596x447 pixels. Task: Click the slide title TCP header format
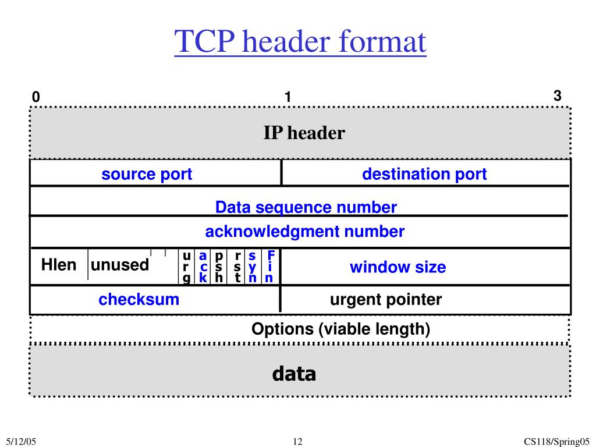[x=300, y=42]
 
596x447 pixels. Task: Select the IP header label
[x=304, y=133]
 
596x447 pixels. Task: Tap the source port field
[x=147, y=174]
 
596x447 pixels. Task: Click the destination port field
[x=424, y=174]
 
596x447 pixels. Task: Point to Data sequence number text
[x=306, y=207]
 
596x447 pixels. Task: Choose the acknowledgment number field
[x=304, y=232]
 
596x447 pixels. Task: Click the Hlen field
[x=59, y=265]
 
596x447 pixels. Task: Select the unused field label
[x=120, y=265]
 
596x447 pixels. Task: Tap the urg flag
[x=186, y=267]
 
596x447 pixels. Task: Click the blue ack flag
[x=203, y=267]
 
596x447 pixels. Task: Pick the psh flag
[x=219, y=267]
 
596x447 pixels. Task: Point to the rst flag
[x=237, y=267]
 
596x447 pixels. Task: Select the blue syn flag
[x=253, y=267]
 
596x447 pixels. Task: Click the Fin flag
[x=270, y=267]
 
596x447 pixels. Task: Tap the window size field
[x=398, y=267]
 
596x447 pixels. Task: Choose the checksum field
[x=139, y=300]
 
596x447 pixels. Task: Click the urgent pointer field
[x=386, y=300]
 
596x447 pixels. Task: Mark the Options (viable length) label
[x=340, y=329]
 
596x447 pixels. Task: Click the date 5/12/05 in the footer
[x=22, y=442]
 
